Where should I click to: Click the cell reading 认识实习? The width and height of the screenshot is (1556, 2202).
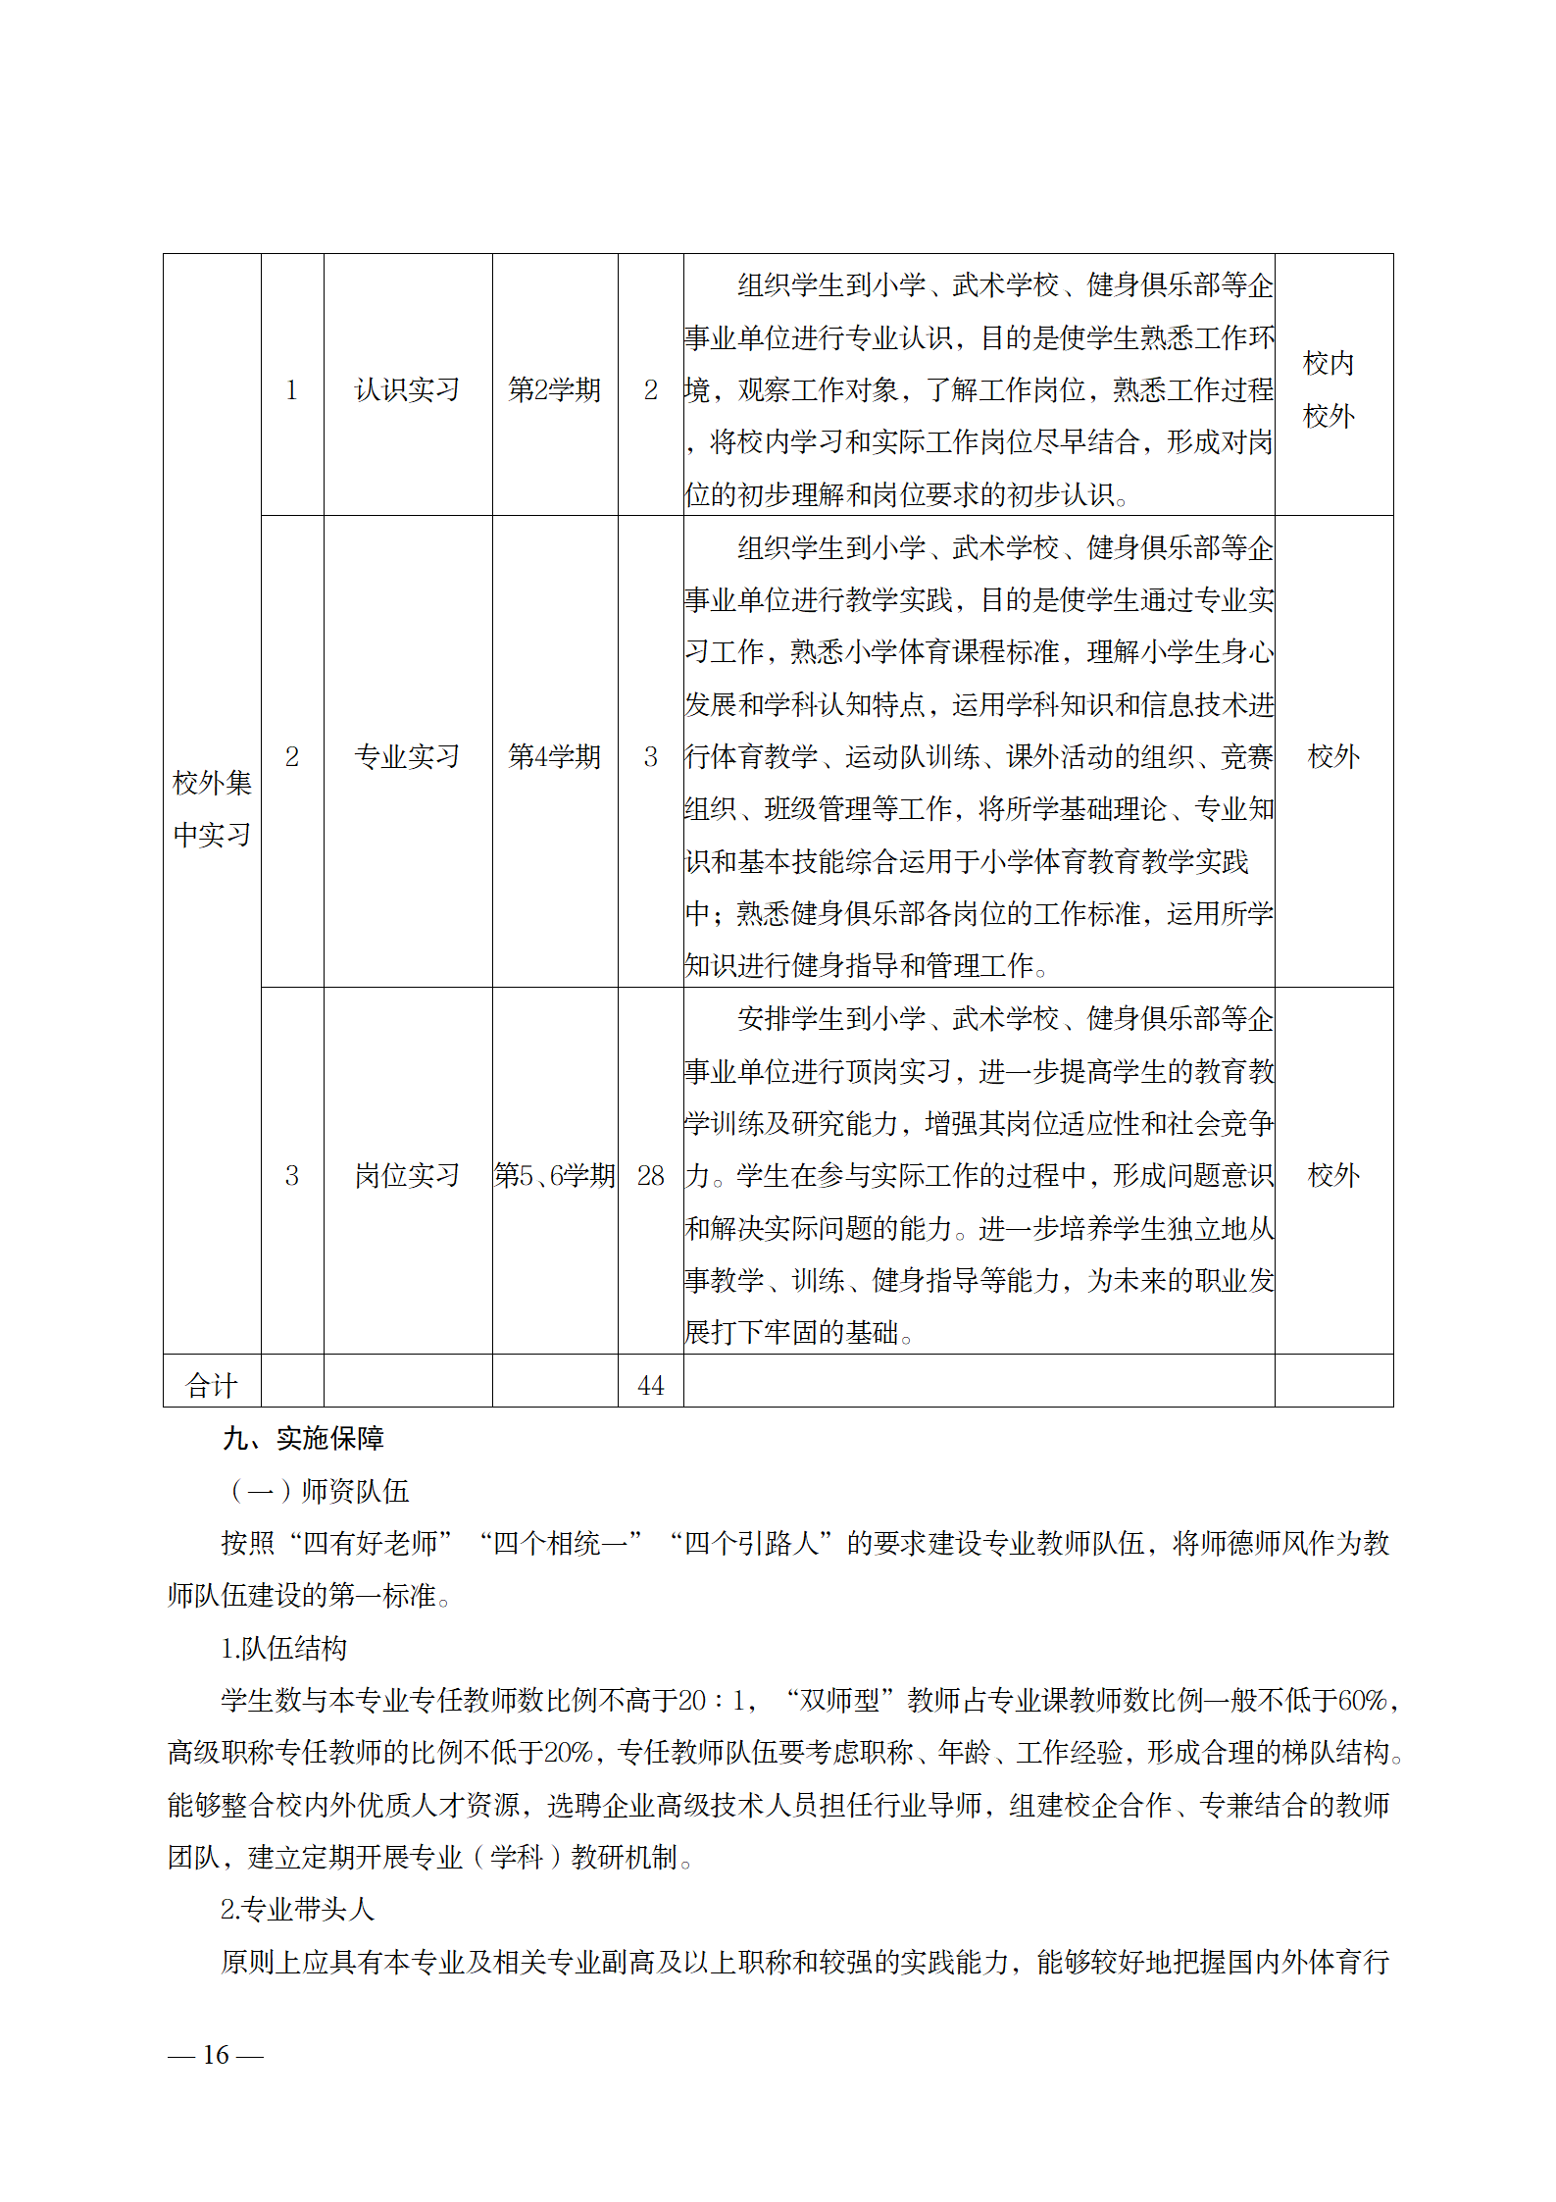[407, 390]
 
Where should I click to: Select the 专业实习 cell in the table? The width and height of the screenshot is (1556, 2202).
[407, 757]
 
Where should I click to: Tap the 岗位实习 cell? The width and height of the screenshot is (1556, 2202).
[407, 1176]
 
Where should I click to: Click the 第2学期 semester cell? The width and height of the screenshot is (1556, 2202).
[554, 390]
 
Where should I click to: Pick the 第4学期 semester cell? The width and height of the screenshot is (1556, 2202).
[554, 757]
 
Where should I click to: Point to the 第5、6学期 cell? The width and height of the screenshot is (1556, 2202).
[554, 1176]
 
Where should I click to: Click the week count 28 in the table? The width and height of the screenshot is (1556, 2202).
[650, 1176]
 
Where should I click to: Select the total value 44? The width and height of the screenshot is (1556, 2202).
[650, 1386]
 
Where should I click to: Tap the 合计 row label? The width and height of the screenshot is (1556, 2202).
[212, 1386]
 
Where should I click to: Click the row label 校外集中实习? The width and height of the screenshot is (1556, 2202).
[212, 809]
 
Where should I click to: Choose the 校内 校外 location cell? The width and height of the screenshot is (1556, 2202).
[1329, 390]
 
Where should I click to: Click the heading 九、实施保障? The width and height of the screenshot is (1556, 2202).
[303, 1439]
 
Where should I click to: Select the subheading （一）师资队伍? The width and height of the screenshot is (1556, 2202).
[320, 1492]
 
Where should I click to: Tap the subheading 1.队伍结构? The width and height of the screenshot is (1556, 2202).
[284, 1649]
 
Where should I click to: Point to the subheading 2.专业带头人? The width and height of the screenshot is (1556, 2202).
[297, 1910]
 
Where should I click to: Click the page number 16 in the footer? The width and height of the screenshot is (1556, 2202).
[216, 2055]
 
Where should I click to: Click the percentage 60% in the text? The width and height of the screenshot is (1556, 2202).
[1362, 1701]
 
